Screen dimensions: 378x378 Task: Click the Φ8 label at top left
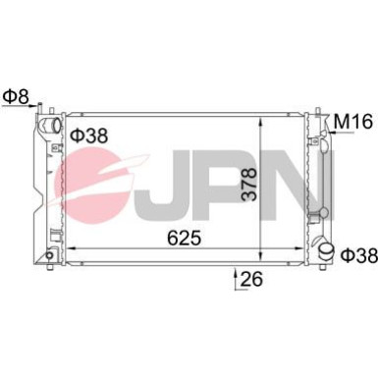coord(17,97)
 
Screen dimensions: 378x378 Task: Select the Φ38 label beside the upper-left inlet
coord(88,135)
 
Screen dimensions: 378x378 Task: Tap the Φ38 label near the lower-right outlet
coord(358,255)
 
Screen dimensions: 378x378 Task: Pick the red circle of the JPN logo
coord(98,187)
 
